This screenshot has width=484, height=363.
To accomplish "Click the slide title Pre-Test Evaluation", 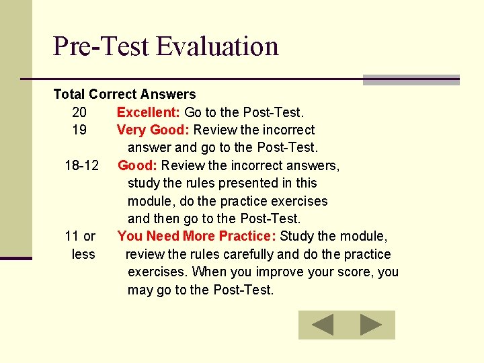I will [165, 46].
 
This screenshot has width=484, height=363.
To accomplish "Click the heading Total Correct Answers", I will [124, 95].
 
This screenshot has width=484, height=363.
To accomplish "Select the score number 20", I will [79, 112].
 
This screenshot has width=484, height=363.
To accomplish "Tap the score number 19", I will [79, 130].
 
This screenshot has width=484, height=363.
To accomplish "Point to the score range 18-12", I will [82, 165].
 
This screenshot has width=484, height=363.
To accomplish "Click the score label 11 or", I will [80, 236].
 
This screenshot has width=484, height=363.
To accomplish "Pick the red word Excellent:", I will [148, 112].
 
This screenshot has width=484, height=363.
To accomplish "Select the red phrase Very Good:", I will [153, 130].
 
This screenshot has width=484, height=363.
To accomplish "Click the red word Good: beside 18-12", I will [138, 165].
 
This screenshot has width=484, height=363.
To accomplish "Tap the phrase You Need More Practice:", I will [197, 236].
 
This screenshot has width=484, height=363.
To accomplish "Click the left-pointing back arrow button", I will [322, 325].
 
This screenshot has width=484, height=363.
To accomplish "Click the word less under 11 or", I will [83, 254].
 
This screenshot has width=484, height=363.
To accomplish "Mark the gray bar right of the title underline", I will [411, 80].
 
